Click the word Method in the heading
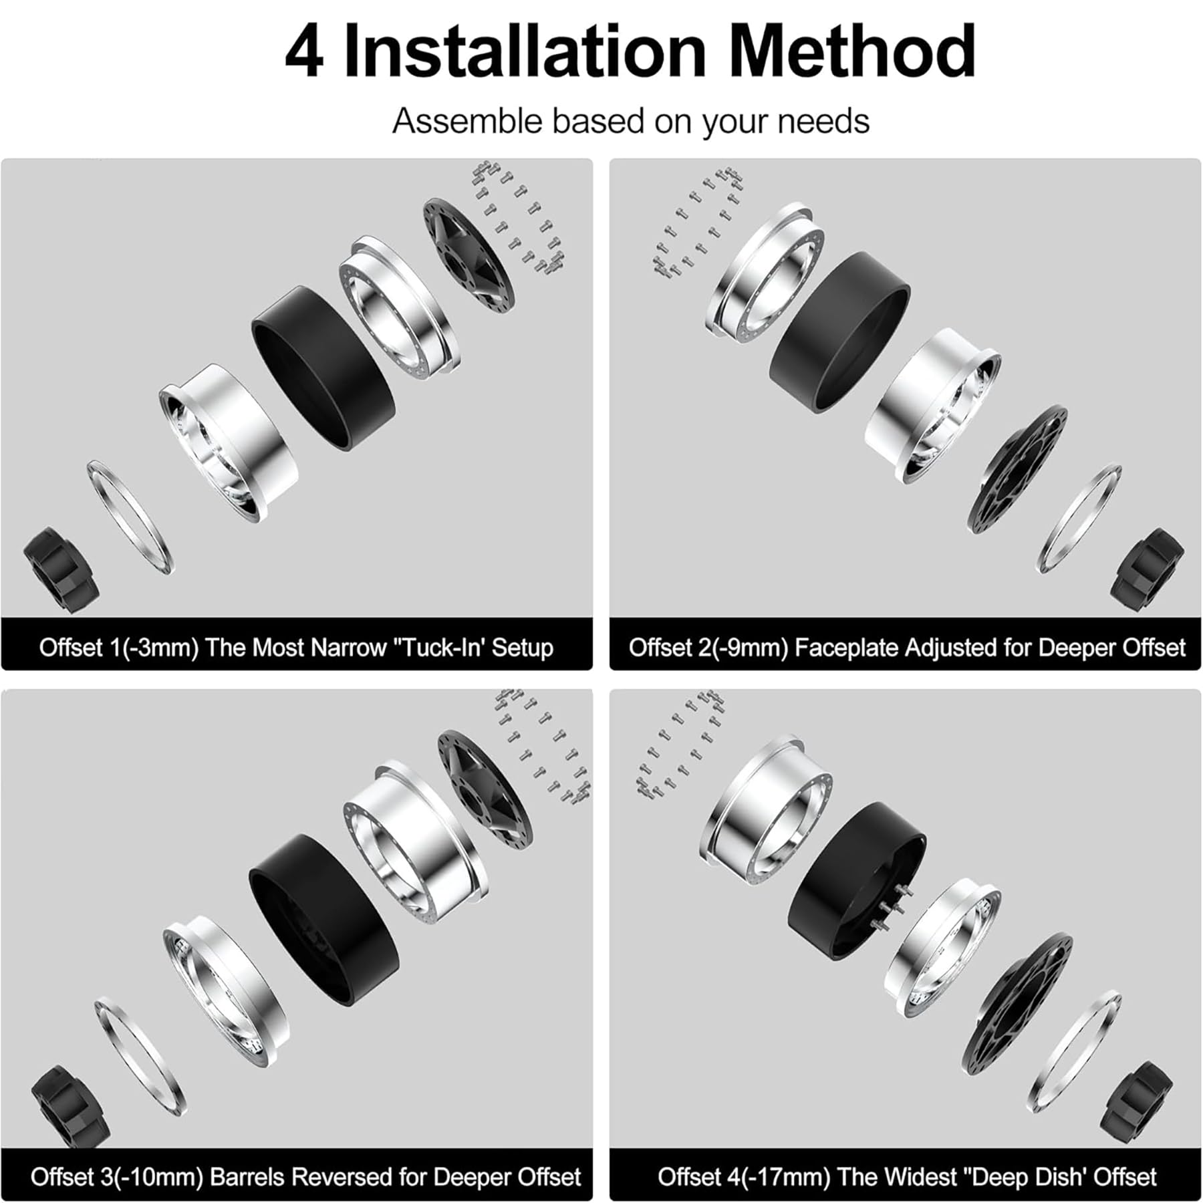[x=852, y=52]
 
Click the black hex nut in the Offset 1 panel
[x=60, y=568]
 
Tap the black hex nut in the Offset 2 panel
[x=1146, y=565]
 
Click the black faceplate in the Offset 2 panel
[x=1016, y=468]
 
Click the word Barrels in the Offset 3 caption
[x=250, y=1176]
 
